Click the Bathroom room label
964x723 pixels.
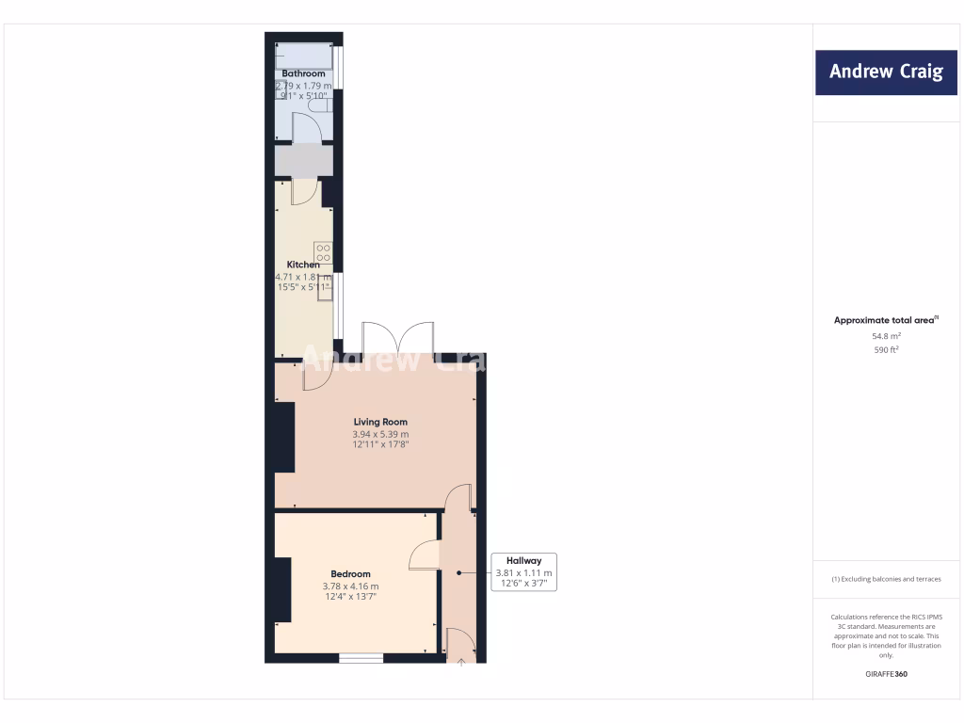click(x=303, y=73)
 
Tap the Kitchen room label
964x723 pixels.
click(x=303, y=265)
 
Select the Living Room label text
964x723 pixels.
click(x=380, y=422)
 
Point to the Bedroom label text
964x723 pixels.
click(x=350, y=573)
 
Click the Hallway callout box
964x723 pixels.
click(x=524, y=572)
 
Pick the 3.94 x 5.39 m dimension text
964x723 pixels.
click(x=380, y=434)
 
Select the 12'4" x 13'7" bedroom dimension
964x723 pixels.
click(x=351, y=596)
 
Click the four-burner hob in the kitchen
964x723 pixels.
click(x=323, y=252)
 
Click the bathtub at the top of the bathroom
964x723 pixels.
click(x=303, y=56)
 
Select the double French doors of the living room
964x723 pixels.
click(x=398, y=338)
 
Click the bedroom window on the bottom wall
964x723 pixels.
click(x=361, y=658)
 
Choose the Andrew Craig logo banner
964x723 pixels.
click(x=885, y=72)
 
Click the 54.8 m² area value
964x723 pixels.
click(x=886, y=335)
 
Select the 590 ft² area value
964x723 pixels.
click(x=886, y=349)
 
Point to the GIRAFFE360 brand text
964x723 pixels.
click(x=886, y=674)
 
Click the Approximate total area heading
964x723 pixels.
click(x=885, y=320)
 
